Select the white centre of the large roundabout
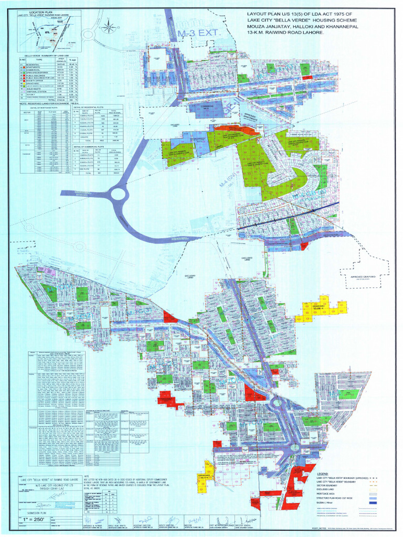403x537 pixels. [x=119, y=194]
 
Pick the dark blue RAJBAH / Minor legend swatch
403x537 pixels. [x=371, y=503]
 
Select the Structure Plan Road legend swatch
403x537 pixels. [x=371, y=498]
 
